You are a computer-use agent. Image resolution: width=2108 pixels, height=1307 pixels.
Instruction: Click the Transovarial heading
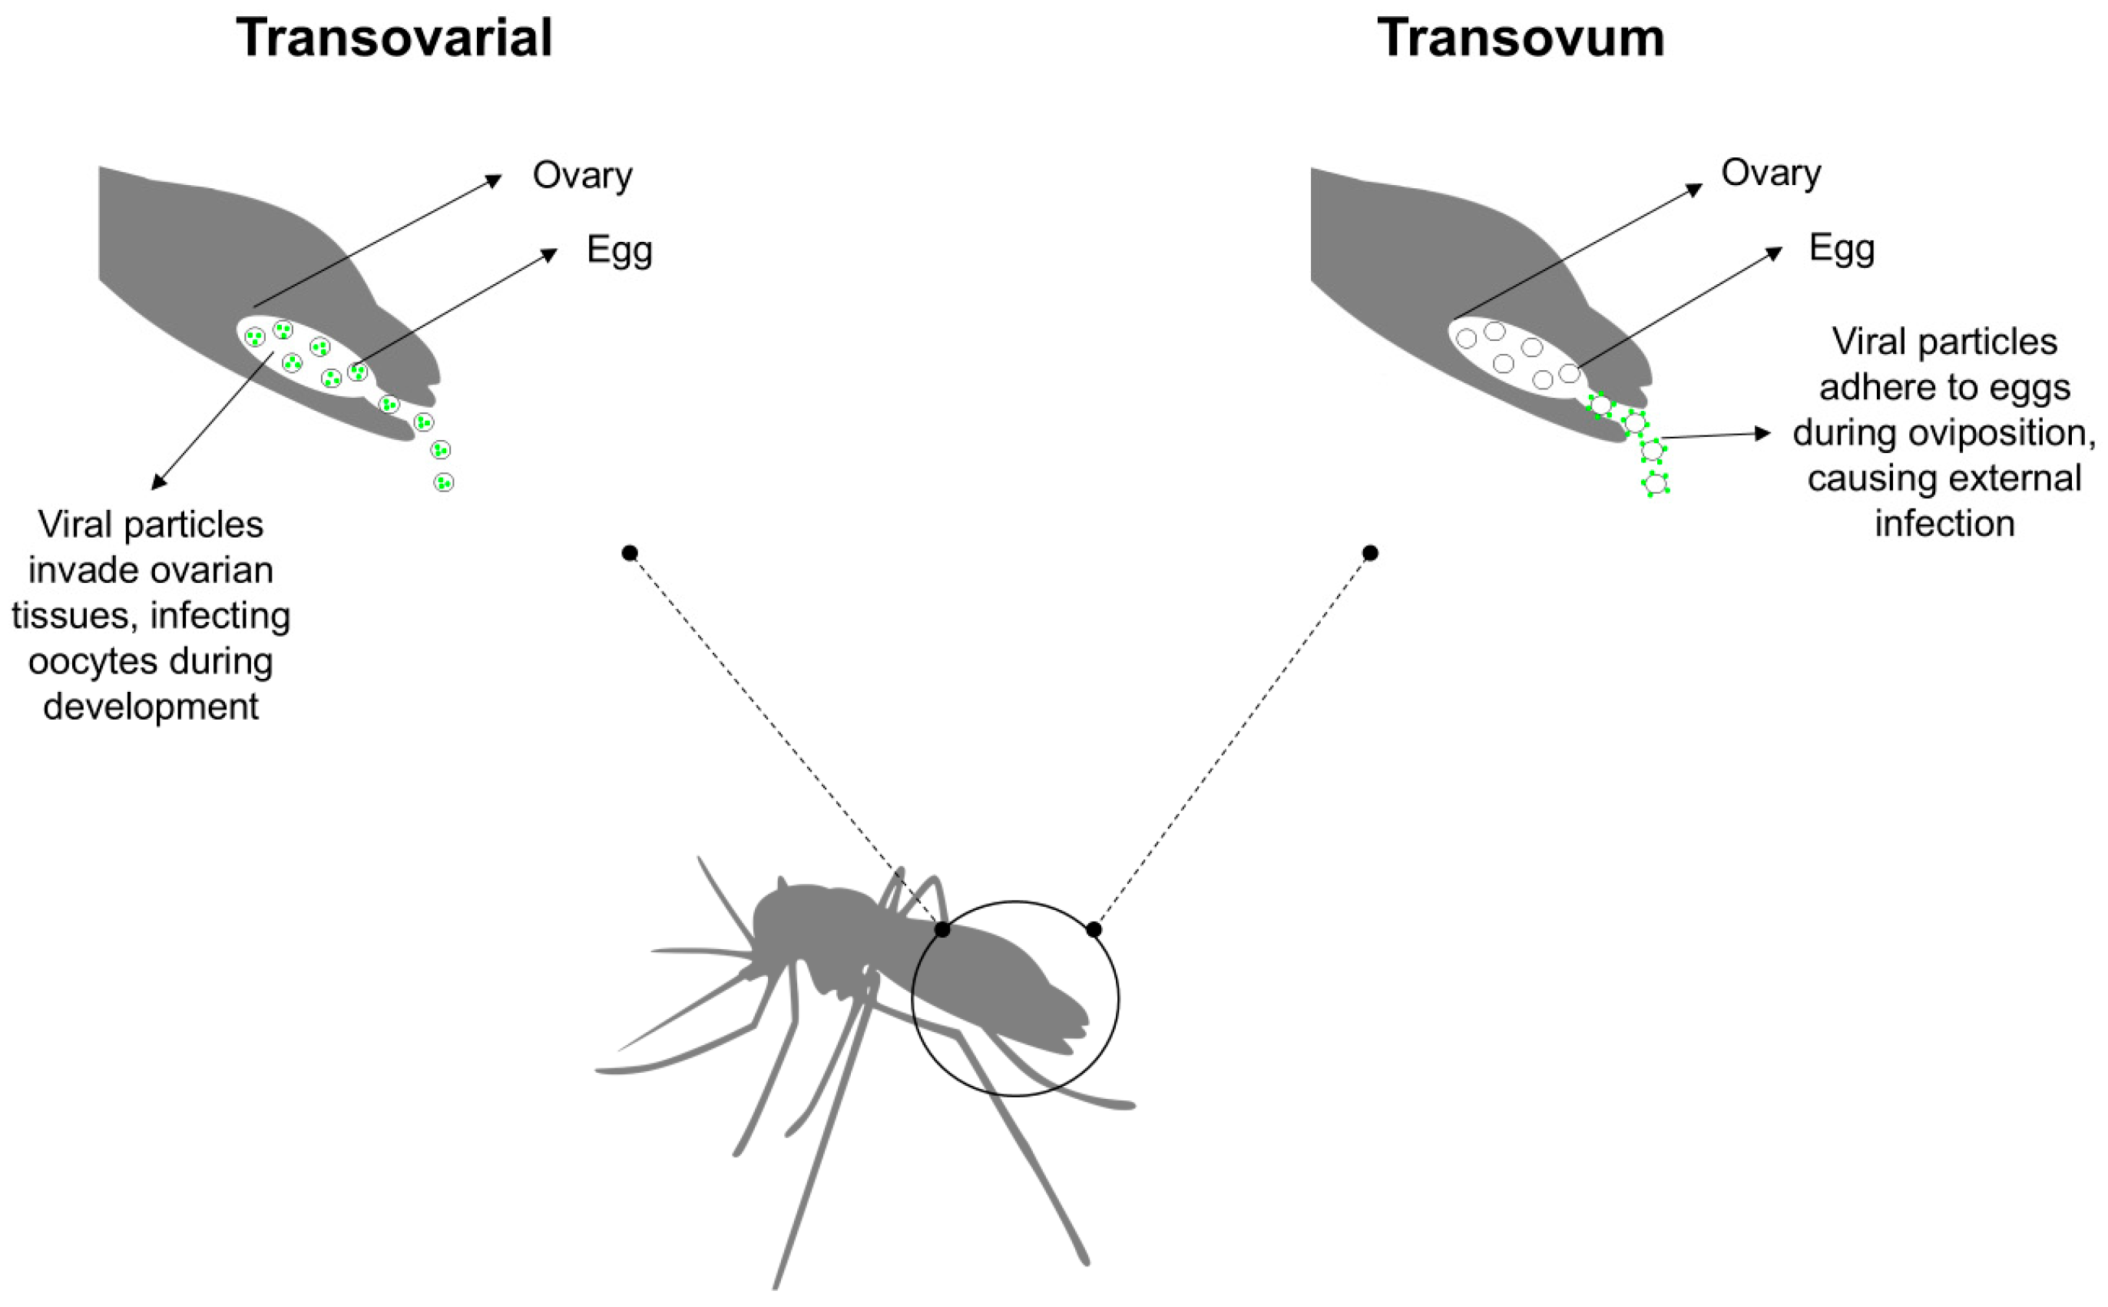coord(394,39)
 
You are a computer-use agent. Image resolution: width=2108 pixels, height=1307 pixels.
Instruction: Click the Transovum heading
coord(1521,39)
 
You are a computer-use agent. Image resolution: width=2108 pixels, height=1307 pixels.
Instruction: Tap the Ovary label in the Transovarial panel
coord(583,176)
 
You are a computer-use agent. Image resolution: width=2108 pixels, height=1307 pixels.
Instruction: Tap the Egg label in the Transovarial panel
coord(619,250)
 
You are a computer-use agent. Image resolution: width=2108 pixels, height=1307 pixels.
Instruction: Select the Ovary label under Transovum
coord(1771,173)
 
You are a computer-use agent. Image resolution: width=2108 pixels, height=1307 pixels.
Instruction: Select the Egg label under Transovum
coord(1842,249)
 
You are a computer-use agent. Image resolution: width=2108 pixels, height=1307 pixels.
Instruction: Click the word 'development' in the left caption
coord(151,706)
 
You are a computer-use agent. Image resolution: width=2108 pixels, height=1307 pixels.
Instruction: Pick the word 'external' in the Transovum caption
coord(1944,478)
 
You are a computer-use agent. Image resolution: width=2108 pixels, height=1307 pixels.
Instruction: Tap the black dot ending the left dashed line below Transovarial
coord(630,553)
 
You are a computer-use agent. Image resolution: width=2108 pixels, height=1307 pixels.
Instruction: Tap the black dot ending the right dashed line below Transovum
coord(1370,553)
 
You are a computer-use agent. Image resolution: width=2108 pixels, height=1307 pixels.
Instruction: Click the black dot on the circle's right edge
coord(1094,930)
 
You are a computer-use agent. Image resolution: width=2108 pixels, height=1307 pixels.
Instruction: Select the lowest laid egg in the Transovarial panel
coord(443,482)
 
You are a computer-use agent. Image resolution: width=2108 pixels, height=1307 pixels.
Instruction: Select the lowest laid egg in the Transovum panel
coord(1655,483)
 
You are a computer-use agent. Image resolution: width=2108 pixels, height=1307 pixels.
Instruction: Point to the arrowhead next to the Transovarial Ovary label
coord(495,180)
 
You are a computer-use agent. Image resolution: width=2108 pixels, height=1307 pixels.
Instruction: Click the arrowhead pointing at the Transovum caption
coord(1763,433)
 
